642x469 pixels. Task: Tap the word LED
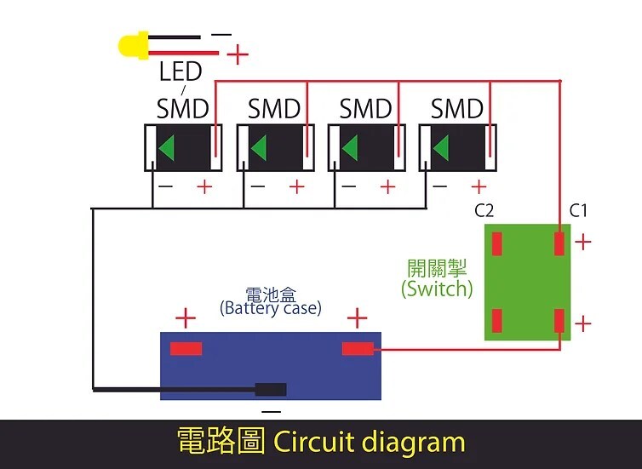coord(181,71)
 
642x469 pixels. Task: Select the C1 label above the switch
coord(578,210)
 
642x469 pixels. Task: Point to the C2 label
coord(484,210)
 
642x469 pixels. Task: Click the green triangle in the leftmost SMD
coord(167,146)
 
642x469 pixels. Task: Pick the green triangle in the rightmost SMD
coord(441,146)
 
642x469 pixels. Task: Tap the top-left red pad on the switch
coord(497,243)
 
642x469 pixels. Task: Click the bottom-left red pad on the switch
coord(497,320)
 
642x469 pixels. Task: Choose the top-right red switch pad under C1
coord(559,243)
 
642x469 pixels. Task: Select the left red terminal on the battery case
coord(186,349)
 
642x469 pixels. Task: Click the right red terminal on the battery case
coord(358,349)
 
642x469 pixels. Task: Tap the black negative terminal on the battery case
coord(271,389)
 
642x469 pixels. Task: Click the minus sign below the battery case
coord(271,411)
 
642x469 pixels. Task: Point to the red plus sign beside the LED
coord(238,54)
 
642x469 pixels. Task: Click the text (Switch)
coord(437,288)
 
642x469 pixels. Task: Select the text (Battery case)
coord(271,308)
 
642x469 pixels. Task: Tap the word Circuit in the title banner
coord(313,442)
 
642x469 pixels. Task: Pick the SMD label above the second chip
coord(274,109)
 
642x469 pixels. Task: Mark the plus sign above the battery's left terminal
coord(186,318)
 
